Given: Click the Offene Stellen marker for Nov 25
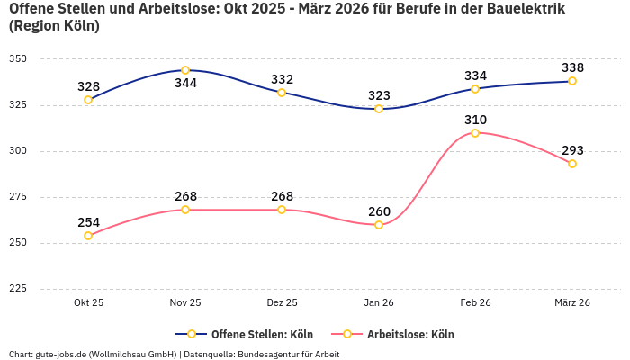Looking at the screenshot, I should pos(185,70).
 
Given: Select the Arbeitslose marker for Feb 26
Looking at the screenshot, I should pos(475,133).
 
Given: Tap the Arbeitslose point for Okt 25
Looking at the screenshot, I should pos(88,236).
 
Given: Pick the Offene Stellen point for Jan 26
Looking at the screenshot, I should pos(379,109).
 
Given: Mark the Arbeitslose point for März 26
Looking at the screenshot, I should pos(572,164).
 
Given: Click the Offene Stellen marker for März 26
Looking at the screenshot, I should pos(572,81).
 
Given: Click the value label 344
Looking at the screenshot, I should pos(185,84).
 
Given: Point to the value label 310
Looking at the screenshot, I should pos(475,120).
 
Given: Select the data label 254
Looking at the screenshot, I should pos(88,222).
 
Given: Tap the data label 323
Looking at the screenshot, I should pos(379,95).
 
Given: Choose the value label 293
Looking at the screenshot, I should pos(572,150).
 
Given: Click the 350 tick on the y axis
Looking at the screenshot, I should pos(18,59).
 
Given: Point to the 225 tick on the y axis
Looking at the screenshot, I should pos(18,289).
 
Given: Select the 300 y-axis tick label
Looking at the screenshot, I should pos(18,151).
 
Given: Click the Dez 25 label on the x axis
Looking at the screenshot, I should pos(282,303).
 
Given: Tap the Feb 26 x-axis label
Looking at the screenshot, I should pos(475,303).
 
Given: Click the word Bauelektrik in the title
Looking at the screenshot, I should pos(527,9).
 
